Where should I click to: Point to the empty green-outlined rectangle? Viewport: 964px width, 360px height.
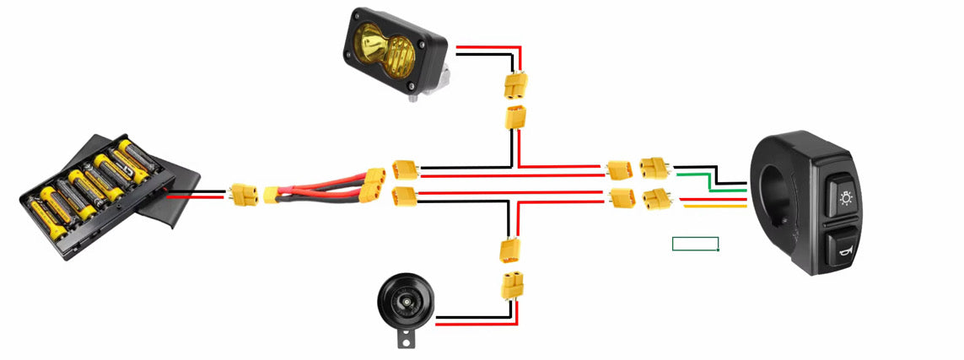click(696, 244)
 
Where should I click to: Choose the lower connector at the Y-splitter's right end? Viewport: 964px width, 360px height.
click(372, 199)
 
